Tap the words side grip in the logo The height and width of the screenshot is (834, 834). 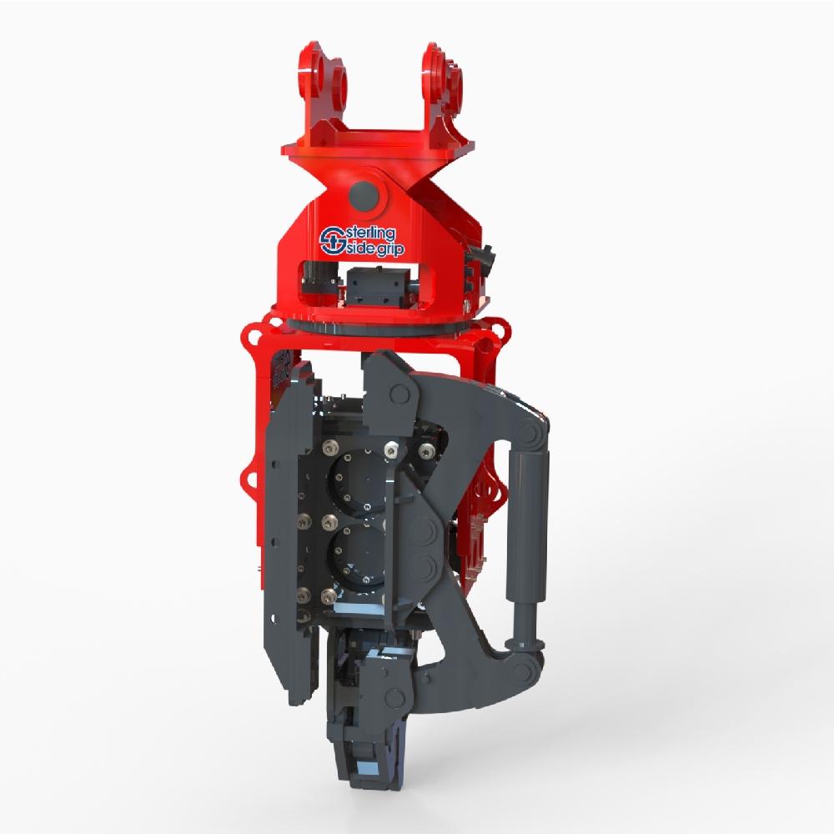click(374, 249)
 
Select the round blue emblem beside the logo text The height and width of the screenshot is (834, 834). click(332, 241)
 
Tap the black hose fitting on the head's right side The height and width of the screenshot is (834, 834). click(482, 259)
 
